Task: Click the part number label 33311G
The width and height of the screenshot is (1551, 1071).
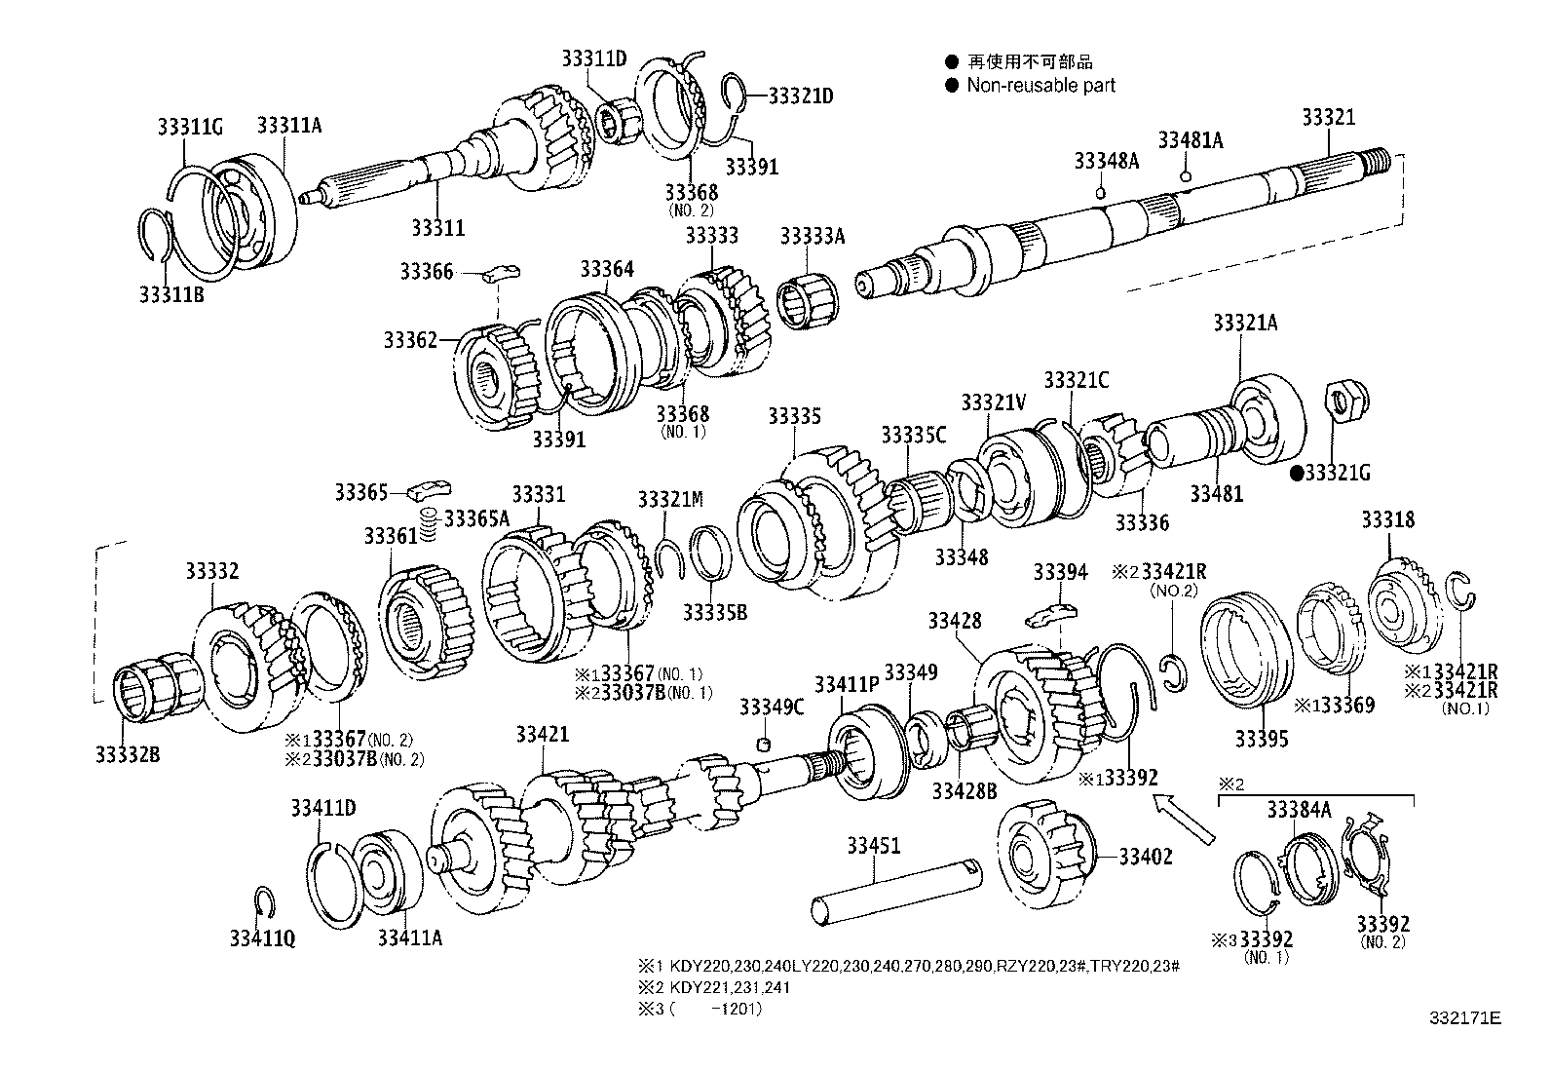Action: click(190, 126)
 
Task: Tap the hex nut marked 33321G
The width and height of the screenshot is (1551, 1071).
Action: click(1348, 402)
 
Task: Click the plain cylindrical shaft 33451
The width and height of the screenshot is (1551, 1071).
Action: click(895, 888)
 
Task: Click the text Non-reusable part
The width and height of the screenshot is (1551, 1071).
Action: click(1040, 85)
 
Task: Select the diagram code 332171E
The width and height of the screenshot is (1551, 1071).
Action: click(1465, 1017)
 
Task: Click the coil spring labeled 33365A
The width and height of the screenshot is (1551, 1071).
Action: click(426, 526)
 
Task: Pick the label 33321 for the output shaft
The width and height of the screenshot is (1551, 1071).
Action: click(1328, 118)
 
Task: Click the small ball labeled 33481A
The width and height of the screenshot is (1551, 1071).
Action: click(1185, 176)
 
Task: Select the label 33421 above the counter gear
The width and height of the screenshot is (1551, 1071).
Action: click(542, 734)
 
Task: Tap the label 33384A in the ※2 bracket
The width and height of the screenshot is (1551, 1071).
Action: click(1299, 809)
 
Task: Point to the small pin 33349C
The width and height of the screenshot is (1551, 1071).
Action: click(765, 744)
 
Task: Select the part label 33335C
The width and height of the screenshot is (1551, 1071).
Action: click(913, 435)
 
